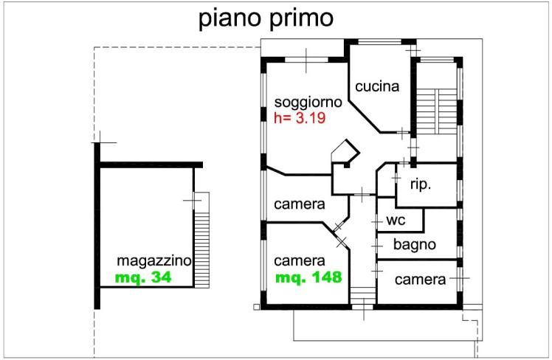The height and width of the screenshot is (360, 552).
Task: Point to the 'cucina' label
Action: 376,86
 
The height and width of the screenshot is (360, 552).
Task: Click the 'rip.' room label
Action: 421,184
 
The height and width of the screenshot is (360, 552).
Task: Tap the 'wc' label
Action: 397,221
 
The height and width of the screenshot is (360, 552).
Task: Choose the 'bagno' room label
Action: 414,244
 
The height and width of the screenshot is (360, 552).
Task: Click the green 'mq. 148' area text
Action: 308,278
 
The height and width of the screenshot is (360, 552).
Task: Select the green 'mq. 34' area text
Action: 143,279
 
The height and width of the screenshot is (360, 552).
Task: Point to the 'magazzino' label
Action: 155,261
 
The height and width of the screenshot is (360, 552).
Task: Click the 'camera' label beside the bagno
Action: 421,280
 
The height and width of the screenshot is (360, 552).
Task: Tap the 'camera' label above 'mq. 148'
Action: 300,261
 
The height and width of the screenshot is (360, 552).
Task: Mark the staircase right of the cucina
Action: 436,111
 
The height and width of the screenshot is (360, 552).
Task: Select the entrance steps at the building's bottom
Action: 362,296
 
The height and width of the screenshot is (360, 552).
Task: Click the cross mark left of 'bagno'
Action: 377,244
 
